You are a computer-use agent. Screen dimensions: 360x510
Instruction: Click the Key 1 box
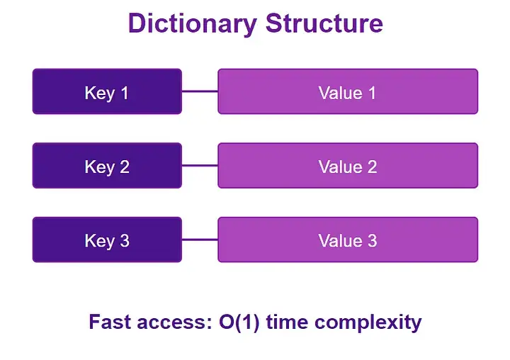click(x=107, y=91)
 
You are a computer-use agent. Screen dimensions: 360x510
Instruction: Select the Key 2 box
click(x=107, y=166)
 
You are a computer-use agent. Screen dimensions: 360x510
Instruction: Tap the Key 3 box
click(x=107, y=240)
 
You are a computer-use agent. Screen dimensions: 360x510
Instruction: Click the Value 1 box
click(x=347, y=91)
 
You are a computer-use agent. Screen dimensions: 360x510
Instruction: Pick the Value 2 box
click(x=347, y=166)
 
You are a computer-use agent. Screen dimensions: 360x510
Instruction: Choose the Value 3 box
click(x=347, y=240)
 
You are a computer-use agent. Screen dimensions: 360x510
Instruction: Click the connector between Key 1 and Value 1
click(x=200, y=91)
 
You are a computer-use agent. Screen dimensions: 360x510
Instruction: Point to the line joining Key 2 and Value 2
click(x=200, y=166)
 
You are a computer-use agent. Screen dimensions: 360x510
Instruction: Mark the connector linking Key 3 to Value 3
click(x=200, y=240)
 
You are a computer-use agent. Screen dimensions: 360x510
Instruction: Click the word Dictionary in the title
click(x=193, y=23)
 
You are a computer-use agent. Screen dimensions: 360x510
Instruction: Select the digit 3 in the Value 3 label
click(x=371, y=240)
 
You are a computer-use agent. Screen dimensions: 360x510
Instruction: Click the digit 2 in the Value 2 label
click(x=371, y=167)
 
